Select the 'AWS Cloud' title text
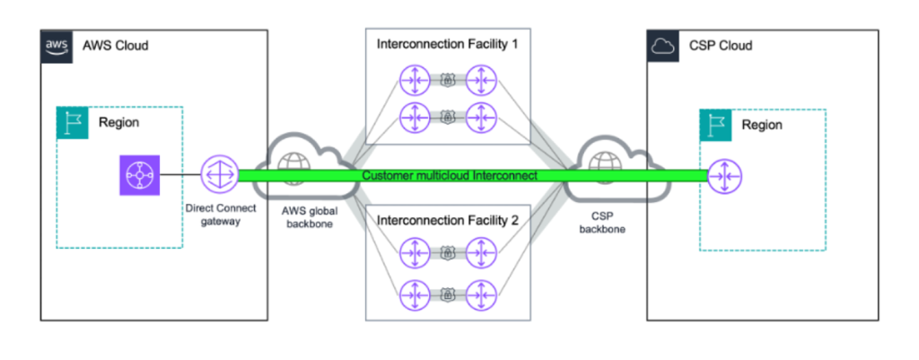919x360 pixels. coord(115,45)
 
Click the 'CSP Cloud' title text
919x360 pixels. coord(721,45)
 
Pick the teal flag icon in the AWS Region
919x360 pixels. coord(72,123)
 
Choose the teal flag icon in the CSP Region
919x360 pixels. coord(715,125)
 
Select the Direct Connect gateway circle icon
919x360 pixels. coord(217,175)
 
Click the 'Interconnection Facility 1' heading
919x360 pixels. coord(448,43)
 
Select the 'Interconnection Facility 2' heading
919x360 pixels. coord(448,219)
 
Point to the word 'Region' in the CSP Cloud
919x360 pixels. coord(761,125)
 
